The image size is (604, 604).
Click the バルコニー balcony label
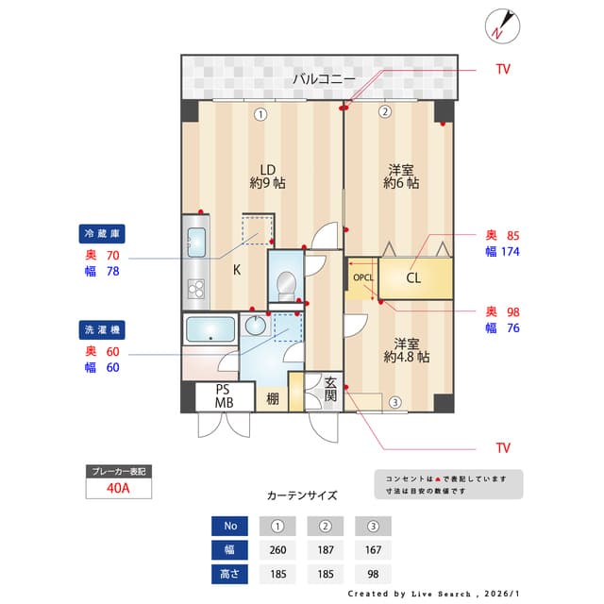tap(323, 79)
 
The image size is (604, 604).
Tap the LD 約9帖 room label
tap(267, 176)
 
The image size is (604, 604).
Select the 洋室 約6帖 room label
tap(401, 176)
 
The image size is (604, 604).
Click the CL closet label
tap(413, 277)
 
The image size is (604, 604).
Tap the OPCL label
tap(363, 277)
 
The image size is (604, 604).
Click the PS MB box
tap(224, 395)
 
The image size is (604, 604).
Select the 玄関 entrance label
tap(330, 390)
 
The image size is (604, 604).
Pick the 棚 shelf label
tap(272, 398)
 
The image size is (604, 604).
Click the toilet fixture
tap(287, 284)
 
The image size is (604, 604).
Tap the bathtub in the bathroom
tap(209, 330)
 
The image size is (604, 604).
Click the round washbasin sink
tap(255, 325)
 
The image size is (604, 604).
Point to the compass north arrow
tap(501, 25)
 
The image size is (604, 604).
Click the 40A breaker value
tap(119, 489)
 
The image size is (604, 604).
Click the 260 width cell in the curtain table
tap(277, 550)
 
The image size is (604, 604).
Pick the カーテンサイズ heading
tap(302, 495)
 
